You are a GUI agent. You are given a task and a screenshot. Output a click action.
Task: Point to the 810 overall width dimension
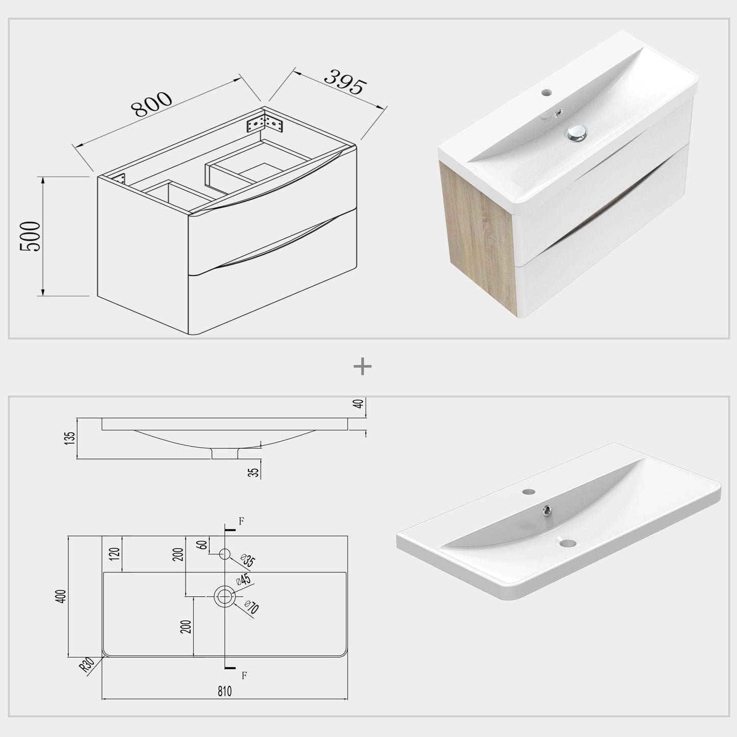pos(224,691)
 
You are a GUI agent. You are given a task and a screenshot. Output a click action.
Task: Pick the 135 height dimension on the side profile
pos(70,438)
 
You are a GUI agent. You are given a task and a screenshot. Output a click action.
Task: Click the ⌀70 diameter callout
pos(251,607)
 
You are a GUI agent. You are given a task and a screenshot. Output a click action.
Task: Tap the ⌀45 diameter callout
pos(242,580)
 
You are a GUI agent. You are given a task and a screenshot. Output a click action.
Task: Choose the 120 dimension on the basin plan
pos(114,553)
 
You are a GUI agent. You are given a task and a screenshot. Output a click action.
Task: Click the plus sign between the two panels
pos(363,366)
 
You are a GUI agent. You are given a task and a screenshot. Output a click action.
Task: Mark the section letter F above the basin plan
pos(241,521)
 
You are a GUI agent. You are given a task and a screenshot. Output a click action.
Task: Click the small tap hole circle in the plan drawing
pos(225,554)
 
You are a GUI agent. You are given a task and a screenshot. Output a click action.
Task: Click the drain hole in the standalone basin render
pos(565,544)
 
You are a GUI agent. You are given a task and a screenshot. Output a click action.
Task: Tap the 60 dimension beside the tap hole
pos(204,544)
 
